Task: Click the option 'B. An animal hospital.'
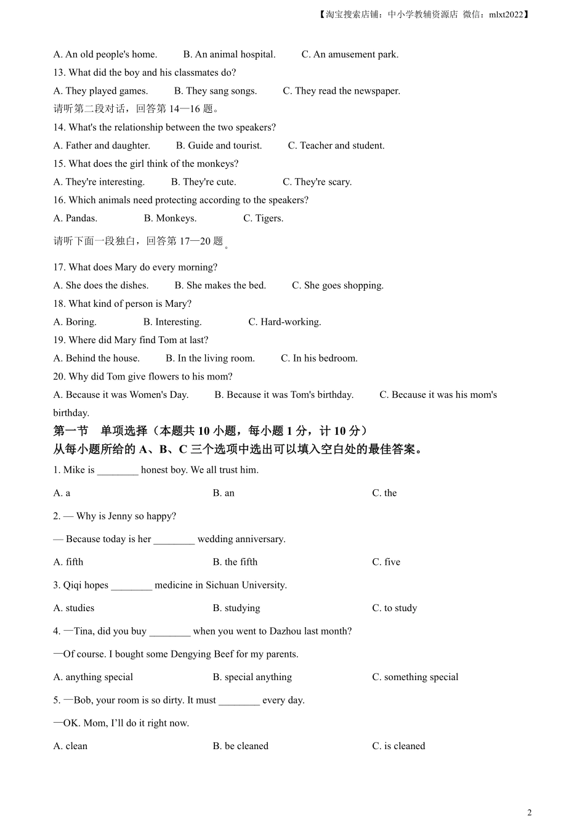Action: point(229,54)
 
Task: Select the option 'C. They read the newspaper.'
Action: point(341,91)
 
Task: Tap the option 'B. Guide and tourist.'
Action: point(219,145)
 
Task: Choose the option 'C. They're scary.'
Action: point(317,182)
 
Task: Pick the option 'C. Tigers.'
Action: point(263,218)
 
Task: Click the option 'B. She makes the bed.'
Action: point(220,285)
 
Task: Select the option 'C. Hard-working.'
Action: point(284,322)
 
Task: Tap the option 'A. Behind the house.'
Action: point(97,358)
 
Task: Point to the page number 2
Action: point(530,812)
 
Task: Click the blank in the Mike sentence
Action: point(118,470)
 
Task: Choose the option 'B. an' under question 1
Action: point(224,493)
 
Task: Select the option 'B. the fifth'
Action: point(235,562)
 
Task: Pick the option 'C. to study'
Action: point(394,608)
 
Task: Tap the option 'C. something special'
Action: point(415,677)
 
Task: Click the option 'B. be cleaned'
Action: point(240,746)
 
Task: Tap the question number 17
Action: point(59,267)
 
